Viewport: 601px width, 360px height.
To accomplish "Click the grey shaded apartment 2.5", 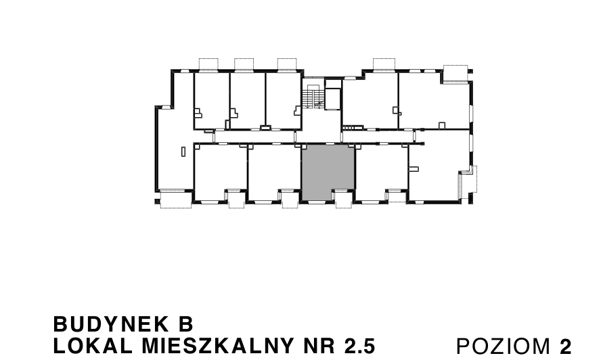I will [x=328, y=172].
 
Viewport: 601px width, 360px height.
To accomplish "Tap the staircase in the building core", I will [x=312, y=98].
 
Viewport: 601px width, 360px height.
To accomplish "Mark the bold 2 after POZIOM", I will [x=566, y=346].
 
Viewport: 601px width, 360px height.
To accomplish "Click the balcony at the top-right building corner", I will [x=455, y=73].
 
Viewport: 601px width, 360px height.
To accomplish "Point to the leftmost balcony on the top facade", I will [x=207, y=64].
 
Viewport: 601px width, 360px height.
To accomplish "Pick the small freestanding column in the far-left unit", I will [x=183, y=152].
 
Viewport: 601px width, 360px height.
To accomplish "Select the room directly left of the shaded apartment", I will [x=274, y=173].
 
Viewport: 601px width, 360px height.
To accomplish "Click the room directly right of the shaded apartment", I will [x=381, y=173].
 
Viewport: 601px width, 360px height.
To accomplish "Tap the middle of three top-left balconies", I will [x=244, y=64].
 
